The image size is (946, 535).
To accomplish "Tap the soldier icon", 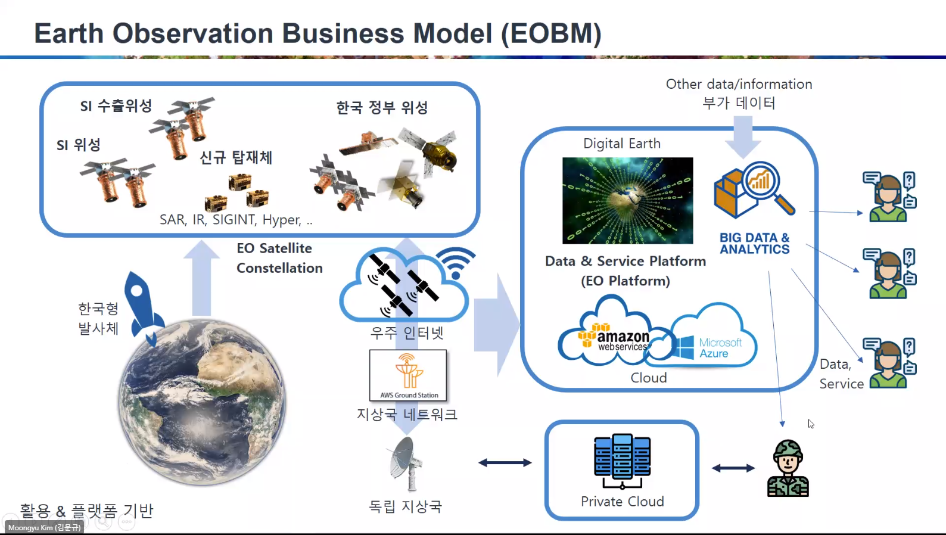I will [788, 469].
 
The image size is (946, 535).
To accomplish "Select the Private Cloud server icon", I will [622, 461].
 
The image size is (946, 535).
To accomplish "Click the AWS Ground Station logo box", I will [408, 375].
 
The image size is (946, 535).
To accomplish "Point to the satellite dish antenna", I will [405, 464].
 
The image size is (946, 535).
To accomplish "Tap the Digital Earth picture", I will [627, 200].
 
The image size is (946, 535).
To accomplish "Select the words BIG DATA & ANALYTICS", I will [754, 244].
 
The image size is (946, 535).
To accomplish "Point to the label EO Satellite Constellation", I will [279, 258].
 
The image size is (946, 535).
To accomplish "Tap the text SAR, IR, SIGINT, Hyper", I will [235, 220].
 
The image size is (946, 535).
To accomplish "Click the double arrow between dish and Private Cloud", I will [505, 463].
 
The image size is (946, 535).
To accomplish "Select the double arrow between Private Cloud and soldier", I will [733, 468].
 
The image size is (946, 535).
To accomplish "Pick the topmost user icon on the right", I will [889, 197].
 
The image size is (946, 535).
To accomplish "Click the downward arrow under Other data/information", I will [742, 136].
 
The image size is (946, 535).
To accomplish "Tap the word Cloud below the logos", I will [648, 378].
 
